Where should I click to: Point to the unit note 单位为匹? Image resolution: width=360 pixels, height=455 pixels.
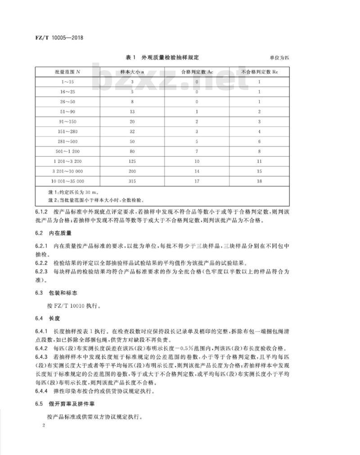279,58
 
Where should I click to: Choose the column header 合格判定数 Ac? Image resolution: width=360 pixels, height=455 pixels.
197,72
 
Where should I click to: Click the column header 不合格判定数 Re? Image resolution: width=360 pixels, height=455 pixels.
260,72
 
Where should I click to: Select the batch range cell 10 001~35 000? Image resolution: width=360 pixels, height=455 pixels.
67,181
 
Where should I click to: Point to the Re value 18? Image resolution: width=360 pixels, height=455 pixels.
260,181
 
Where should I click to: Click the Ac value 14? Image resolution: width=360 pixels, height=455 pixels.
197,171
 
